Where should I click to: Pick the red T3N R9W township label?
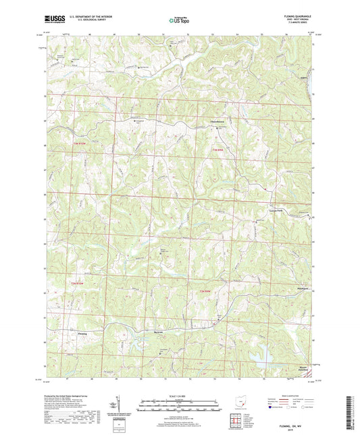(x=214, y=149)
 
